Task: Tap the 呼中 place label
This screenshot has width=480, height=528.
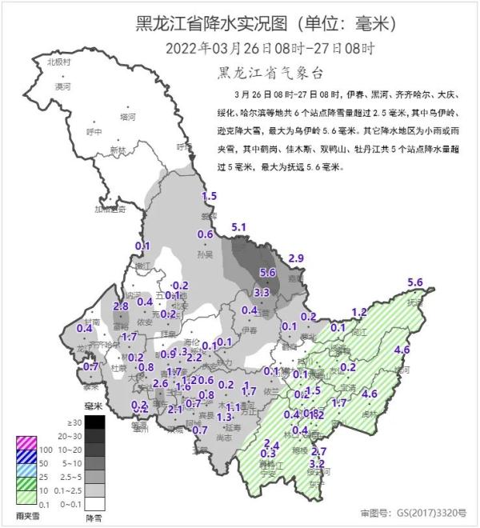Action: click(x=94, y=131)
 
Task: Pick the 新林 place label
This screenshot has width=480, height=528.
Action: click(x=118, y=150)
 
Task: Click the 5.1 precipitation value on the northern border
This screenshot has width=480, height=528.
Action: click(x=238, y=228)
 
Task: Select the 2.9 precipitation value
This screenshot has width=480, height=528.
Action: click(x=296, y=257)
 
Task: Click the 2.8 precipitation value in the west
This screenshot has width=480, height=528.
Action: click(x=122, y=306)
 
